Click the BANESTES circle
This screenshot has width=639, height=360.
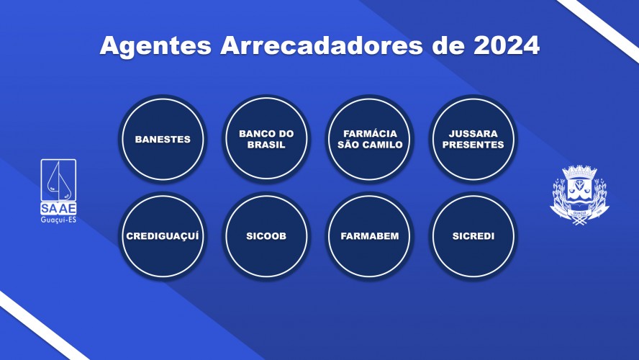point(163,139)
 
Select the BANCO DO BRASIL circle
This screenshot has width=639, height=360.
point(266,139)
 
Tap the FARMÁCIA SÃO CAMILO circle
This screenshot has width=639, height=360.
point(370,139)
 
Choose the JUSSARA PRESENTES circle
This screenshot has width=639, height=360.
point(473,139)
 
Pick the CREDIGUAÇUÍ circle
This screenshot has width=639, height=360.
point(163,236)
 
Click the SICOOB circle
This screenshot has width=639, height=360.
point(266,236)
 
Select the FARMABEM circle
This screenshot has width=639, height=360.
point(370,236)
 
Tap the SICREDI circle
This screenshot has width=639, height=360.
point(473,236)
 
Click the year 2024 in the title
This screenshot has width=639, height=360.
point(507,45)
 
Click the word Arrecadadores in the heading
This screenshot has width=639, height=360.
point(322,45)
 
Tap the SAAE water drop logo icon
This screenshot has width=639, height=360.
point(58,180)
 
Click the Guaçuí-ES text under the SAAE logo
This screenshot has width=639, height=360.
point(58,220)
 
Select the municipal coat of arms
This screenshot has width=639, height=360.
point(579,195)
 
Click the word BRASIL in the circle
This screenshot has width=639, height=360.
point(266,145)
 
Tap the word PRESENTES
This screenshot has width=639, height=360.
point(473,145)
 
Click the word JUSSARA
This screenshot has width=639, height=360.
point(473,134)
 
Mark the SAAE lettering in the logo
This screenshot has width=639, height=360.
point(58,208)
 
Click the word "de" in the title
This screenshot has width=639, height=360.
point(448,45)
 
